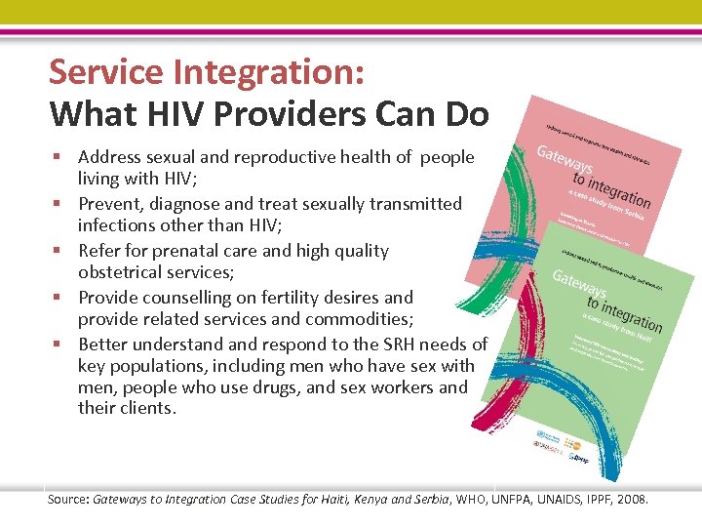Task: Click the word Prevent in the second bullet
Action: [x=111, y=204]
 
